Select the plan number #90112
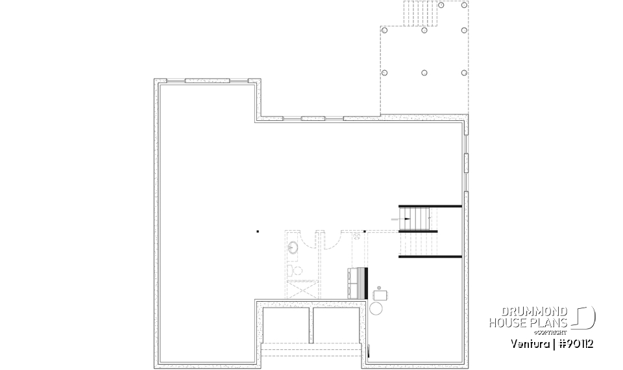572,342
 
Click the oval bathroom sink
293,248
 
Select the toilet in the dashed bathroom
293,270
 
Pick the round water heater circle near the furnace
377,308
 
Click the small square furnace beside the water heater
380,294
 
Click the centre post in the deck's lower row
424,72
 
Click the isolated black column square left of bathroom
257,231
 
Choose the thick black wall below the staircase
430,257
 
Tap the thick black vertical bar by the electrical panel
367,278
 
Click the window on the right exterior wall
466,163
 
